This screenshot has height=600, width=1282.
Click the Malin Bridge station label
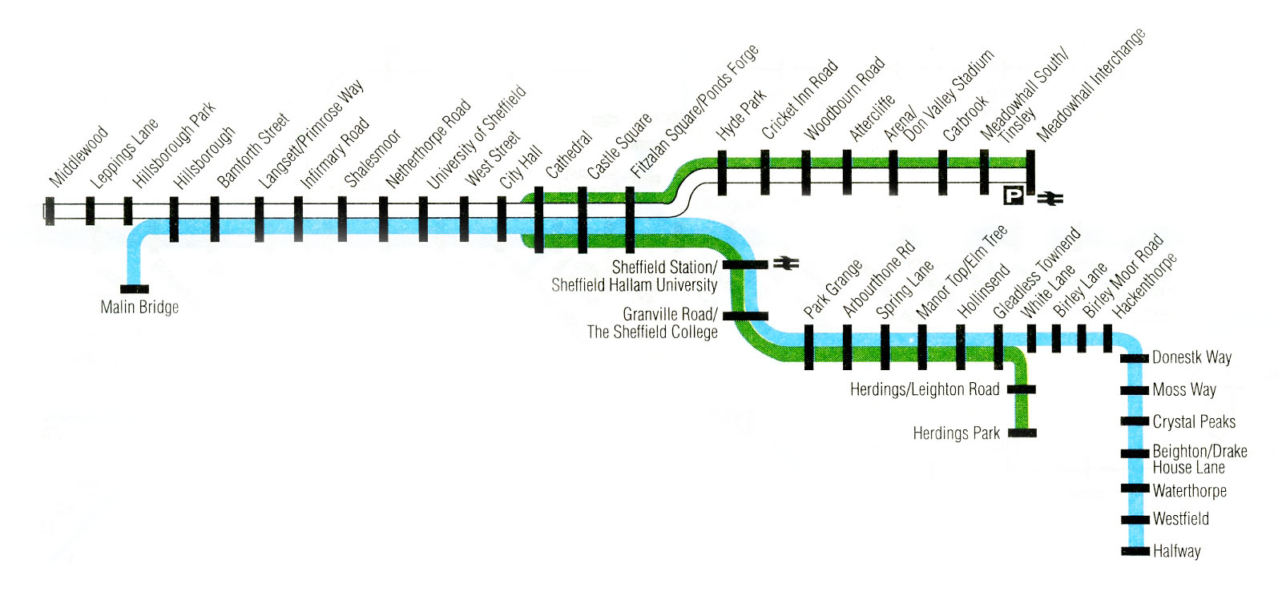[139, 307]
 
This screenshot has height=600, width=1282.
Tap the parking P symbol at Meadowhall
[1014, 195]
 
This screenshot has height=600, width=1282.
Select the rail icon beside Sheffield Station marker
[786, 263]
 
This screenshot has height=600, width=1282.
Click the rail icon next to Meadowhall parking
[1049, 197]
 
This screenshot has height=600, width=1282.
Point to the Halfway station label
[1176, 551]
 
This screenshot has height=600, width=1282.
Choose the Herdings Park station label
[956, 433]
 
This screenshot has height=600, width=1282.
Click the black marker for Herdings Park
[1022, 433]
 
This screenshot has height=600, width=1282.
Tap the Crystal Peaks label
[1194, 421]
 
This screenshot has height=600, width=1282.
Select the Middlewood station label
[79, 156]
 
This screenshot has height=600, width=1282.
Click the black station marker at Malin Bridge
[134, 289]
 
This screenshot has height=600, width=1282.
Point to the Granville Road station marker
[745, 316]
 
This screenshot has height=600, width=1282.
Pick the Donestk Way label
[1191, 357]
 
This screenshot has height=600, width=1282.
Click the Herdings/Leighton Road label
[925, 389]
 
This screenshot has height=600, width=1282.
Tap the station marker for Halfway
[1135, 551]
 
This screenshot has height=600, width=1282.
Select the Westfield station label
[1180, 519]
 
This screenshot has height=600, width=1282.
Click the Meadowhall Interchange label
[1091, 85]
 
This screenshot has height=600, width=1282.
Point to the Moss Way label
[1184, 389]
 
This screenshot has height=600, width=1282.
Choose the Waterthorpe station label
[1189, 490]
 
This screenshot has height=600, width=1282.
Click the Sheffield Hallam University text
[634, 284]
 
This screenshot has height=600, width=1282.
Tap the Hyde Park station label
[742, 115]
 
